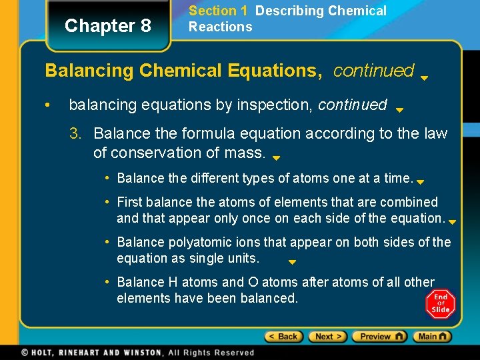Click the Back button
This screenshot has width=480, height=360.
(283, 337)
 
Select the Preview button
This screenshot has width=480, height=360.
(379, 337)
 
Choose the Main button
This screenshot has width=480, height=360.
(431, 337)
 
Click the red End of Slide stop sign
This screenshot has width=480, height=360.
(441, 304)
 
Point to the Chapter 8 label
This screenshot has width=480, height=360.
(108, 26)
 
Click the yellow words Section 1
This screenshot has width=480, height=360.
(213, 11)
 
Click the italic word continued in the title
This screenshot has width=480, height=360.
(373, 71)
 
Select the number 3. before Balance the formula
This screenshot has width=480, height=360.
(77, 134)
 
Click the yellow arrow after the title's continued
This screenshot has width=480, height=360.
(424, 77)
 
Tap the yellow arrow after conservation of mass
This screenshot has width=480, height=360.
(276, 159)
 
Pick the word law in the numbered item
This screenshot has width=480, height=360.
(435, 134)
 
